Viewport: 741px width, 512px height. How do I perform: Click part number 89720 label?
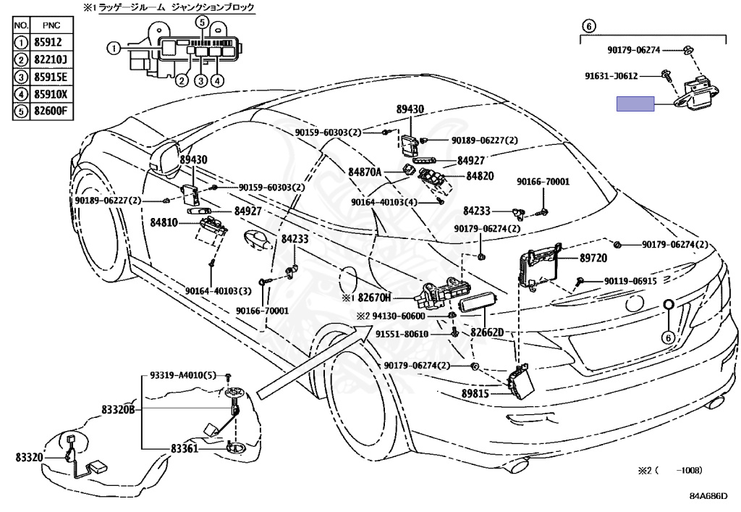click(593, 258)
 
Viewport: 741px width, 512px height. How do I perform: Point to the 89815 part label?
click(475, 393)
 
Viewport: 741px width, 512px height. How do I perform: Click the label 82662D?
click(487, 332)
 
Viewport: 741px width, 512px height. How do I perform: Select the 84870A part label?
click(365, 172)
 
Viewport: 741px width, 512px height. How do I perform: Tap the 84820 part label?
click(480, 176)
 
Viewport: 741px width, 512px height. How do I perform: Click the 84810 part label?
click(164, 222)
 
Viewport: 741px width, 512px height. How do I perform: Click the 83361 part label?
click(185, 448)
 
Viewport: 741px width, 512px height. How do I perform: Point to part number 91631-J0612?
click(611, 75)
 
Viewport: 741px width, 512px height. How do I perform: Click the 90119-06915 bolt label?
click(630, 281)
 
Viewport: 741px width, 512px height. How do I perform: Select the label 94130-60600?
click(399, 316)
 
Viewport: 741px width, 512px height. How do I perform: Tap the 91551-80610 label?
click(402, 335)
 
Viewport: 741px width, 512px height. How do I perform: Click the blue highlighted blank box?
click(635, 104)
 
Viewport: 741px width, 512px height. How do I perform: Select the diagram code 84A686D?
click(708, 496)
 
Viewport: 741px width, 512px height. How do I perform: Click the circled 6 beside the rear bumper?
click(668, 337)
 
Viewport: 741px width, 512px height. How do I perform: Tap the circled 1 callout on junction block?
click(114, 48)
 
